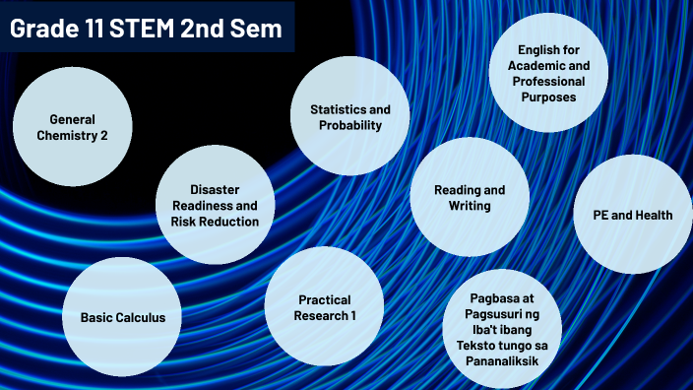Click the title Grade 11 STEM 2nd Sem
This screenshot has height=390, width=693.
[146, 30]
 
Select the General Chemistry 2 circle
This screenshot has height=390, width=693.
[73, 126]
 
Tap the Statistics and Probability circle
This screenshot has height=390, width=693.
[350, 116]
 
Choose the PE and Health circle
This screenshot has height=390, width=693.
[633, 215]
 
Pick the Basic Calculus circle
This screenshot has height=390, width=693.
[123, 317]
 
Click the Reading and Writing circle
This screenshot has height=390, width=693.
[470, 197]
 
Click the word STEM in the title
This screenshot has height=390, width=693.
[131, 30]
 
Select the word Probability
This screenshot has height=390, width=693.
[350, 125]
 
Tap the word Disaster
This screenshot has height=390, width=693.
[216, 189]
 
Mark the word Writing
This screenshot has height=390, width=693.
[470, 206]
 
